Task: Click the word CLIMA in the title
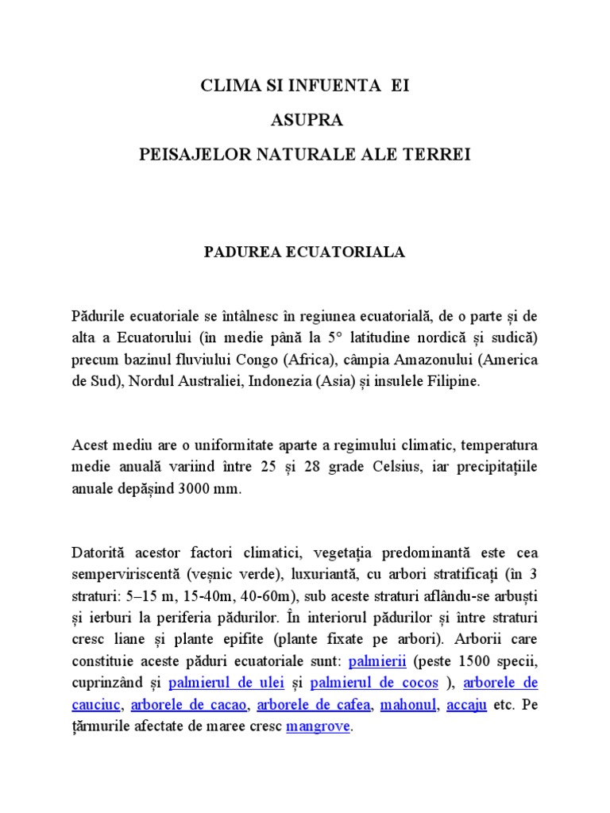226,86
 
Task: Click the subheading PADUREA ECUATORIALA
305,252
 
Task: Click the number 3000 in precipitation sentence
187,489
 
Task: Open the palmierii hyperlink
377,661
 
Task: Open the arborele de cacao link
189,704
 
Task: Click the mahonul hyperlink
409,704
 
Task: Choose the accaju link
467,704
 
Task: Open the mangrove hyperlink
318,726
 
